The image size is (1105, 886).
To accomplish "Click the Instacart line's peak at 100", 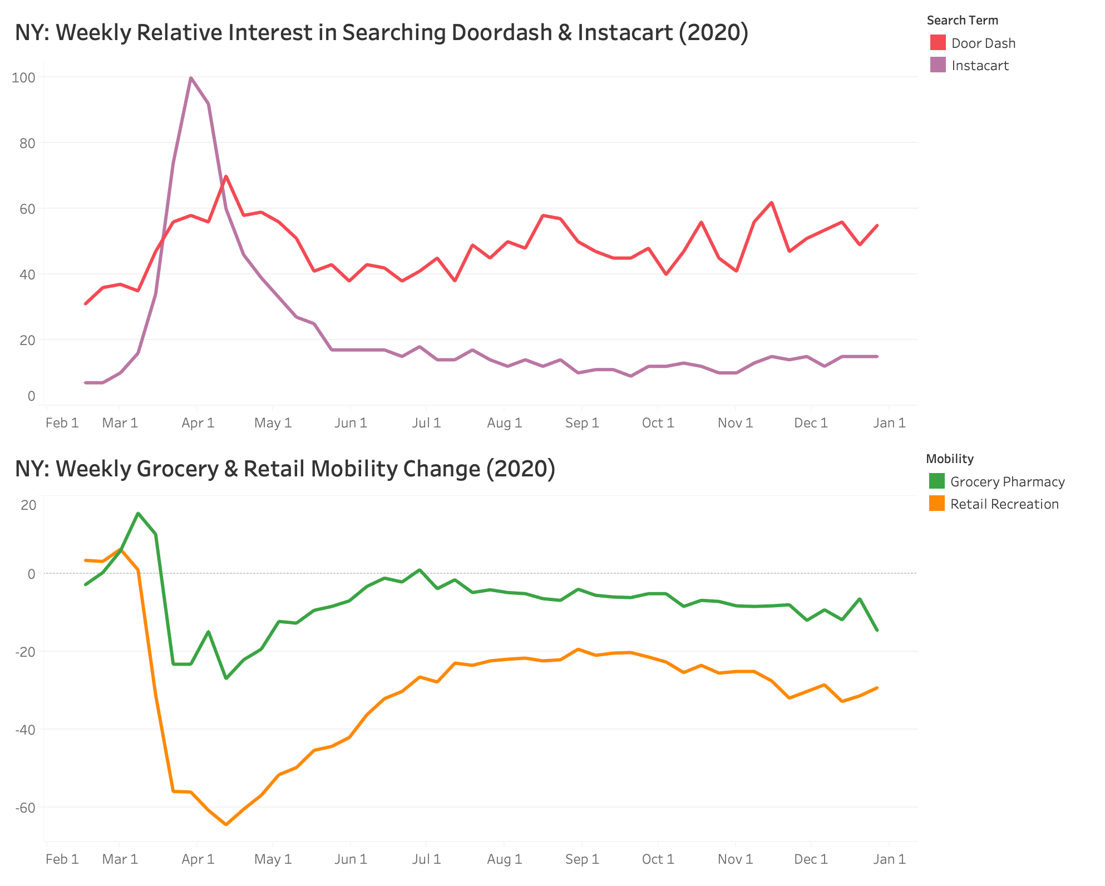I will coord(191,78).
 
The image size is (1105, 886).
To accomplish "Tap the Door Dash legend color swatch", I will coord(938,43).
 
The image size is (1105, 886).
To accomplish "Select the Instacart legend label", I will coord(980,66).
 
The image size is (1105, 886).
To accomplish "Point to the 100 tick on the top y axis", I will coord(23,77).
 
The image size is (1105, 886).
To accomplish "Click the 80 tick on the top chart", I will coord(27,143).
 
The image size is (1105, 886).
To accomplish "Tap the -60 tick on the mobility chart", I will coord(24,808).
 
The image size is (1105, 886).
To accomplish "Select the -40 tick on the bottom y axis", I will coord(24,730).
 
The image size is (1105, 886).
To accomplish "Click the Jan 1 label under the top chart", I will coord(889,423).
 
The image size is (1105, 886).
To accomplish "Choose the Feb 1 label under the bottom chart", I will coord(62,859).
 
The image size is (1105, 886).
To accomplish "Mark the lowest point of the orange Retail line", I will coord(226,824).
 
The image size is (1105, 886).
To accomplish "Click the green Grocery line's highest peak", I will coord(138,513).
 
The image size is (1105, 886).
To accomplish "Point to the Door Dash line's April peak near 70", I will coord(226,176).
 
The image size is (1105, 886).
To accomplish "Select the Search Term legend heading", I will coord(962,21).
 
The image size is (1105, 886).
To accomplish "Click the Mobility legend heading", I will coord(949,459).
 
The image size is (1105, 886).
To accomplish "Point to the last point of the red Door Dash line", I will coord(877,225).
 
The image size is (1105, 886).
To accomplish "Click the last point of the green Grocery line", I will coord(877,631).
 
